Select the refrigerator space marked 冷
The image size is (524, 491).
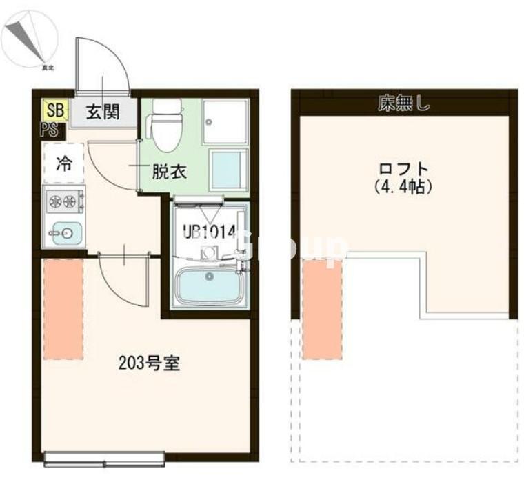click(x=63, y=163)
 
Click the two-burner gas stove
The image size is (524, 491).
click(x=63, y=202)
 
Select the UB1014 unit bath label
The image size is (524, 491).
click(x=209, y=232)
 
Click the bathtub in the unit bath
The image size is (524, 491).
click(x=209, y=285)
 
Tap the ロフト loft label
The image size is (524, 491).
click(x=404, y=169)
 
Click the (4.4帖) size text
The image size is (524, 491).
click(x=404, y=187)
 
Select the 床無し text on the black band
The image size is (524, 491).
click(x=404, y=104)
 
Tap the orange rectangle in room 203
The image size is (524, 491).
click(x=63, y=310)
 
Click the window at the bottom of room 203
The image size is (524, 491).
click(x=104, y=457)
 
